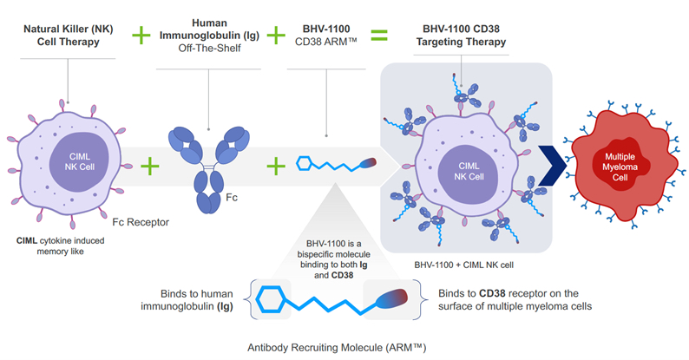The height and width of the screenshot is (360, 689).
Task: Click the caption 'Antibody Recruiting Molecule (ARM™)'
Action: [x=335, y=348]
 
